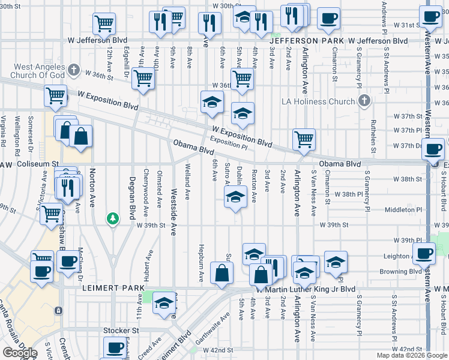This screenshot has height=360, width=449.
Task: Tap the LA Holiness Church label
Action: (319, 101)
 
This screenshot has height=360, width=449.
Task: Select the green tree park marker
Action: (112, 218)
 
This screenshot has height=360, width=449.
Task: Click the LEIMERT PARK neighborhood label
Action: (106, 289)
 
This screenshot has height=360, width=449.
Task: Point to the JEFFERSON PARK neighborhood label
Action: (321, 41)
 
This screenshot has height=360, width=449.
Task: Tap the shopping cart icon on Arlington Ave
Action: (304, 139)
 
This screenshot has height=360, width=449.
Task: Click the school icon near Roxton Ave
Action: (235, 196)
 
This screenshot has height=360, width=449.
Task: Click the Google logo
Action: (19, 353)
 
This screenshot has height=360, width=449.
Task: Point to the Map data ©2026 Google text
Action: (411, 355)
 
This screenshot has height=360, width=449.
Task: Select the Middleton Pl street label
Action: (402, 211)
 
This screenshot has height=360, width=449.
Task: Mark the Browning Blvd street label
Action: (400, 271)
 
